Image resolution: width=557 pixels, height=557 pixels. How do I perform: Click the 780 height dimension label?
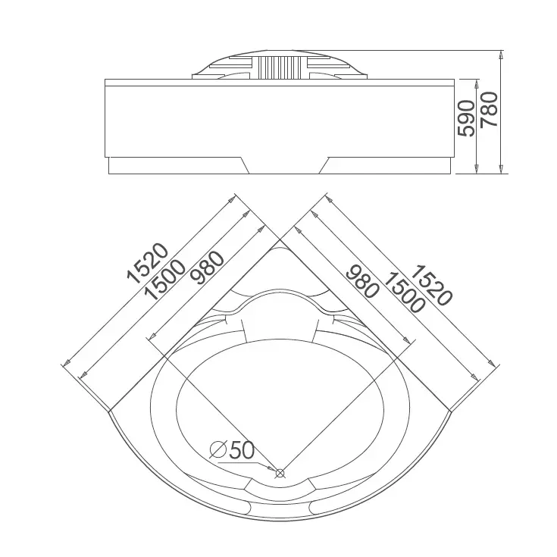pyautogui.click(x=489, y=109)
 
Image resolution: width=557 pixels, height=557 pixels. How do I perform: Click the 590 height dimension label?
pyautogui.click(x=466, y=118)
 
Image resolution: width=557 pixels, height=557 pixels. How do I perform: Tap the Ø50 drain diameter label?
pyautogui.click(x=232, y=450)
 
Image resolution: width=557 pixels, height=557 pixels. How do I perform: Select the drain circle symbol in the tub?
pyautogui.click(x=280, y=473)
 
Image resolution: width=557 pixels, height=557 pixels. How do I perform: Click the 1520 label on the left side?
pyautogui.click(x=148, y=263)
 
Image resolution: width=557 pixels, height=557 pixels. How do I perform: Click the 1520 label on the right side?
pyautogui.click(x=432, y=285)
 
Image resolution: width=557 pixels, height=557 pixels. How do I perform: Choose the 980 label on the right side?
pyautogui.click(x=361, y=281)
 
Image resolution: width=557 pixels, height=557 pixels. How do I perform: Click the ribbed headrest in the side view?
pyautogui.click(x=280, y=67)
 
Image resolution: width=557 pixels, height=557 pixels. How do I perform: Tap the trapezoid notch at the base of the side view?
pyautogui.click(x=284, y=165)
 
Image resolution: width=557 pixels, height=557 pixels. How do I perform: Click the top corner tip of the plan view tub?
pyautogui.click(x=280, y=239)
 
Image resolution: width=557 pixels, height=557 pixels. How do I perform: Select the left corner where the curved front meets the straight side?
pyautogui.click(x=109, y=411)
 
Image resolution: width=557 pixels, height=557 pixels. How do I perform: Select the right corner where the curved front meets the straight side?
pyautogui.click(x=450, y=411)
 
